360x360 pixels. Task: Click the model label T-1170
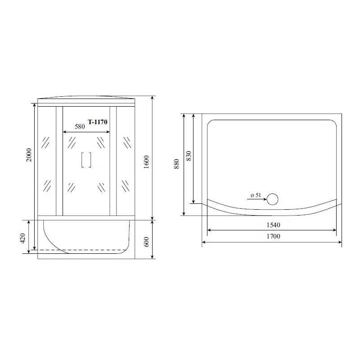pyautogui.click(x=98, y=122)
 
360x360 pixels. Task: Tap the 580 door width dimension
pyautogui.click(x=80, y=126)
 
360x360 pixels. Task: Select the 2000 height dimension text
pyautogui.click(x=29, y=155)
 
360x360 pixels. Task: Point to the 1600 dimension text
pyautogui.click(x=146, y=162)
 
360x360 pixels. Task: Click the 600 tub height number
pyautogui.click(x=146, y=242)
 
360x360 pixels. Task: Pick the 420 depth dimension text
pyautogui.click(x=22, y=238)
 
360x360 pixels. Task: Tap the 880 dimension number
pyautogui.click(x=176, y=164)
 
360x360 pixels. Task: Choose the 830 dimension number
pyautogui.click(x=189, y=156)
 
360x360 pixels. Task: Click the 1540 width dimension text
pyautogui.click(x=273, y=225)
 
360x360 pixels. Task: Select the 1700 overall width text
pyautogui.click(x=273, y=236)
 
